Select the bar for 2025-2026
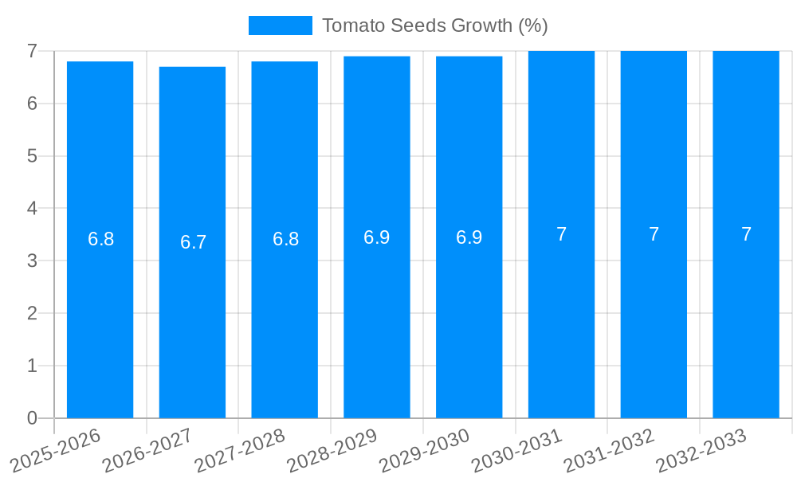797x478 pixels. coord(100,319)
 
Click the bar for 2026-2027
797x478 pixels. coord(192,319)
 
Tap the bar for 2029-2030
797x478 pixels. coord(469,319)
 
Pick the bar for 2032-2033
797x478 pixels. coord(746,319)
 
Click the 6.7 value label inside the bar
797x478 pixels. coord(193,242)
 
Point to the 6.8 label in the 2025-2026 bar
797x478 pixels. coord(100,239)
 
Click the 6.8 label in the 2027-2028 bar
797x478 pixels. coord(285,239)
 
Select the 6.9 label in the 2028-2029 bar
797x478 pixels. coord(376,237)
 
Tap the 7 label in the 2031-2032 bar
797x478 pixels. coord(654,234)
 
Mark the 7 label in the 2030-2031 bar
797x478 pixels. coord(561,234)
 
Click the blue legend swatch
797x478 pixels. coord(280,25)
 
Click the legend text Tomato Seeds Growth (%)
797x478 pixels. coord(434,25)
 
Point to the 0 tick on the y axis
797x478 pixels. coord(32,418)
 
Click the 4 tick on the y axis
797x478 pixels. coord(32,209)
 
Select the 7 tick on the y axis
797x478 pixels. coord(32,51)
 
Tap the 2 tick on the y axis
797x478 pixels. coord(32,313)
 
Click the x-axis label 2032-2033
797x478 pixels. coord(701,451)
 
